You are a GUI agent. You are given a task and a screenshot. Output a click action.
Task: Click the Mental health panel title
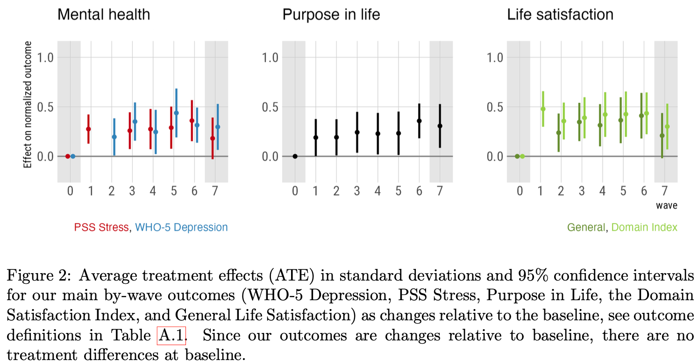104,14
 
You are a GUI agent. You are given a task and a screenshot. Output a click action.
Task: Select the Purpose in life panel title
331,14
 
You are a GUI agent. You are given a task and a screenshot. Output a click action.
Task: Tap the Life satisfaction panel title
560,14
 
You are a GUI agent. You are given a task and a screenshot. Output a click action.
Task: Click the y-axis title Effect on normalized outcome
28,105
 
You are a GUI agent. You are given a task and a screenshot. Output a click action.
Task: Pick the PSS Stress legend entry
101,228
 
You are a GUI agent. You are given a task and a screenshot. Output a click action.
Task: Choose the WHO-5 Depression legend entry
181,228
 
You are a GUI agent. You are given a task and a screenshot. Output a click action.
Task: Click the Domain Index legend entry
644,228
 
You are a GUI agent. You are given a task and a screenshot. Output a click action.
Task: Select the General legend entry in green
585,228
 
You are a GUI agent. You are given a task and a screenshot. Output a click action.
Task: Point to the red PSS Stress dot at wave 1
88,129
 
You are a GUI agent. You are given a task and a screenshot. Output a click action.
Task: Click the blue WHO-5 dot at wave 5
176,113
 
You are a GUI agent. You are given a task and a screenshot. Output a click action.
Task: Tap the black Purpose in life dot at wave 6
419,121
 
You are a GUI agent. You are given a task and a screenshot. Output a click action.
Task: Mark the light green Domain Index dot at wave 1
543,109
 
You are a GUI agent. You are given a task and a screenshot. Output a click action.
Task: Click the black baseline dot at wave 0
295,156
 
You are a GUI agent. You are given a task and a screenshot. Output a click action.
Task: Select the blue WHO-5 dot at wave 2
114,137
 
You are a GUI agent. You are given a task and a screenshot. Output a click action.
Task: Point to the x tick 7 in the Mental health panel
215,191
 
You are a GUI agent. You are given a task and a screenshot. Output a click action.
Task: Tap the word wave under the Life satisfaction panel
666,205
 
